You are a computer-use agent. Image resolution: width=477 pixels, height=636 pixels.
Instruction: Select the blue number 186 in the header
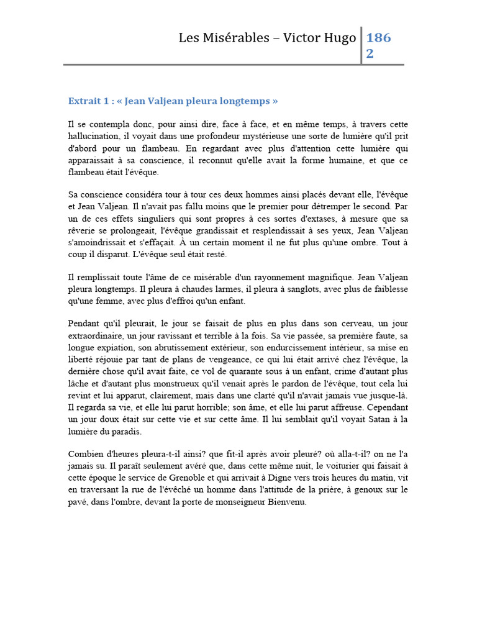pos(379,38)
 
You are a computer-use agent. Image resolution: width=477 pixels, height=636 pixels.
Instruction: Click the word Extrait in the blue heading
pos(83,101)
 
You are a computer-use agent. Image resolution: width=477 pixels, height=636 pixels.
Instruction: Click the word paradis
pos(127,430)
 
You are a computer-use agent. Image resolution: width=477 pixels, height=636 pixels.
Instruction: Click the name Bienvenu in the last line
pos(288,501)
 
